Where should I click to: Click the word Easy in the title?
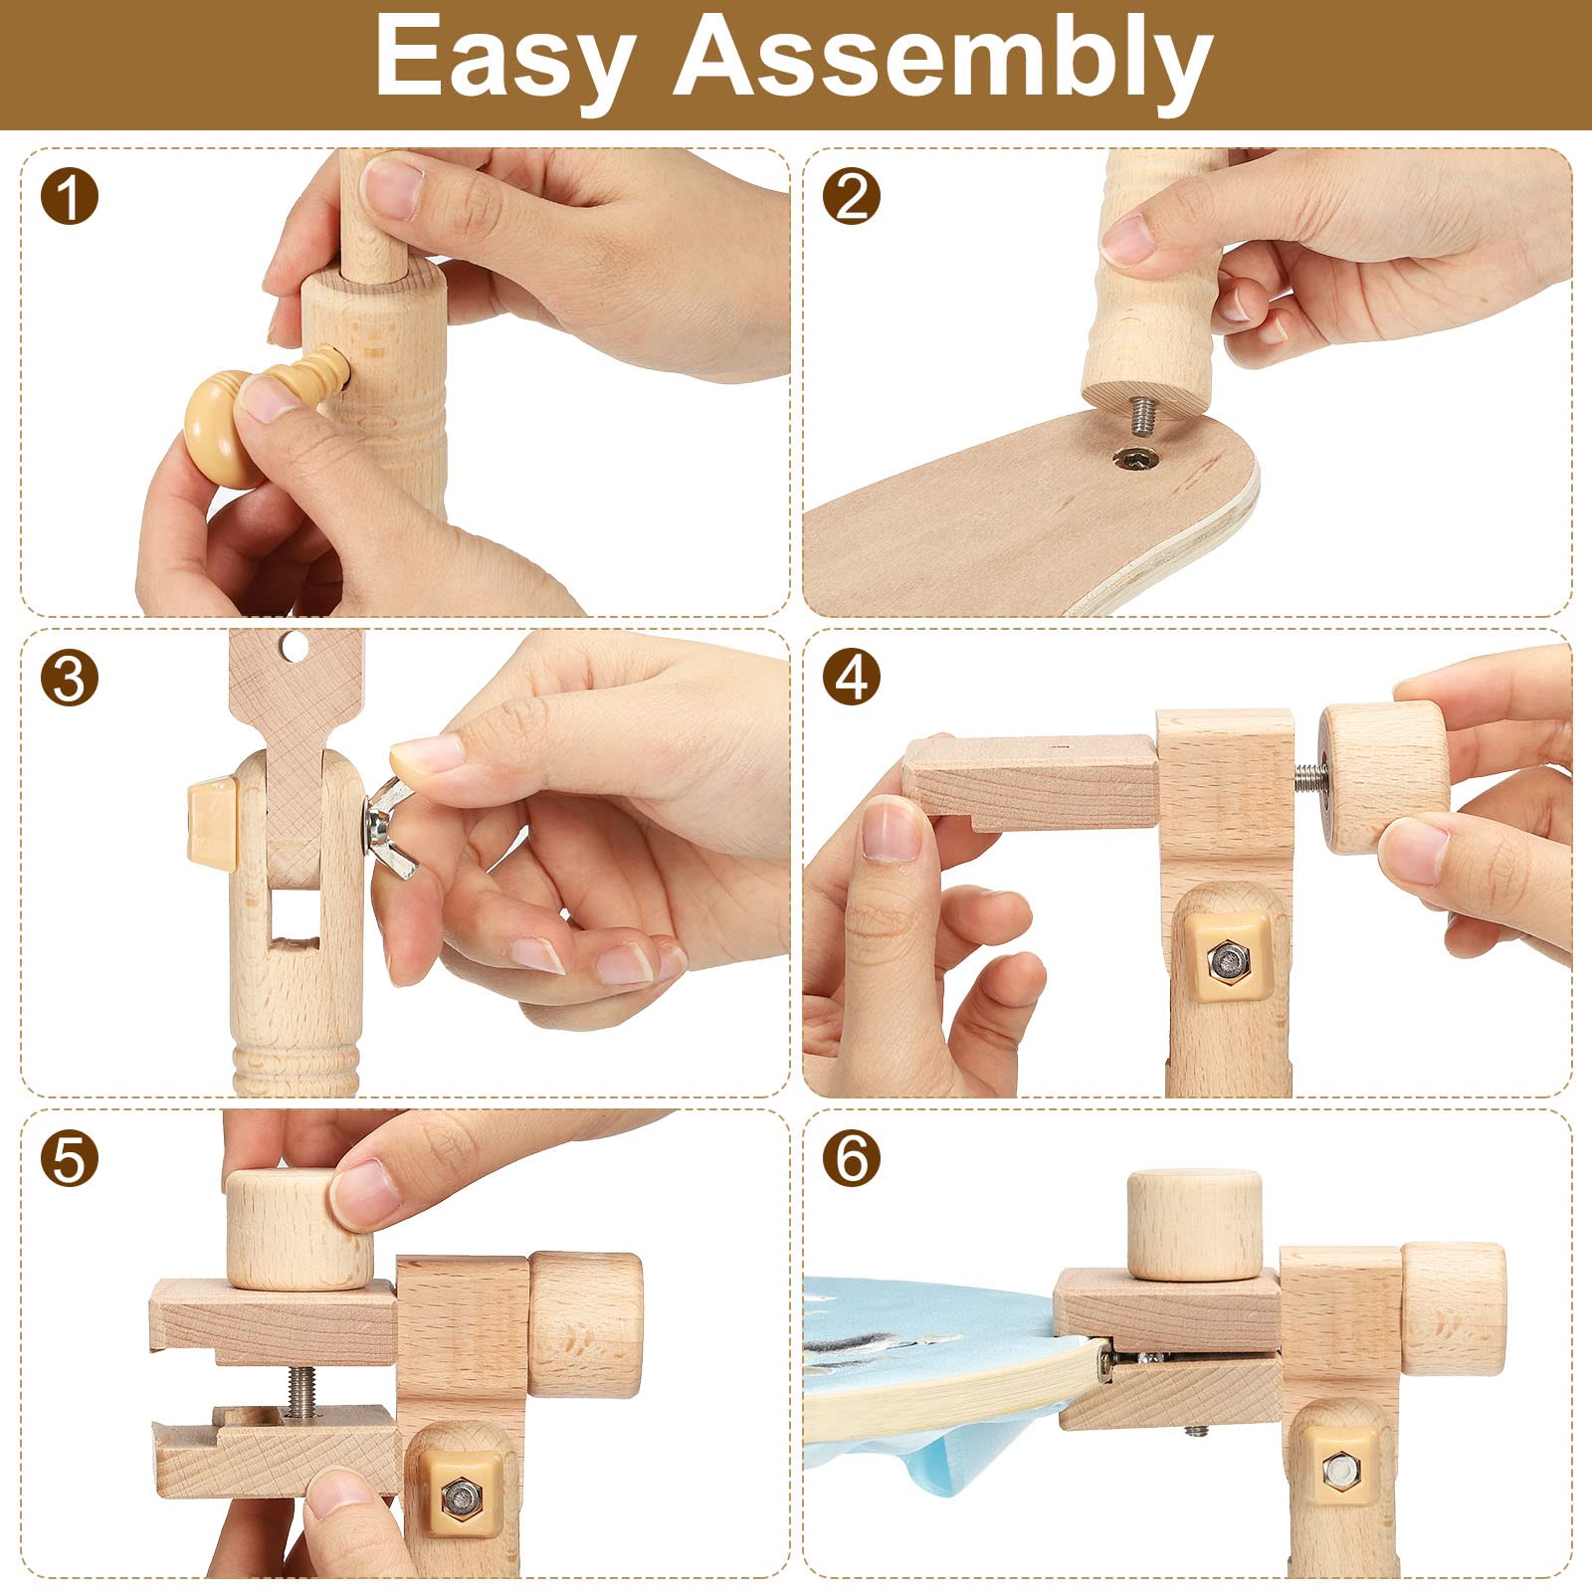[x=505, y=59]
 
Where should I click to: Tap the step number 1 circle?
[x=70, y=196]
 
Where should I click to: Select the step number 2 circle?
[x=852, y=196]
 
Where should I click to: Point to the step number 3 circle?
[x=70, y=679]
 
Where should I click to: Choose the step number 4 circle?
[x=852, y=679]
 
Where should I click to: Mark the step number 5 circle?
[x=70, y=1159]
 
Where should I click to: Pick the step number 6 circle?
[x=852, y=1159]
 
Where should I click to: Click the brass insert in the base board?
[x=1137, y=459]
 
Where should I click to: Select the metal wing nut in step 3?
[x=393, y=818]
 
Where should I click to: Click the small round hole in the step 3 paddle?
[x=293, y=647]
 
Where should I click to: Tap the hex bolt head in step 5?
[x=460, y=1494]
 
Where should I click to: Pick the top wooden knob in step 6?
[x=1194, y=1224]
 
